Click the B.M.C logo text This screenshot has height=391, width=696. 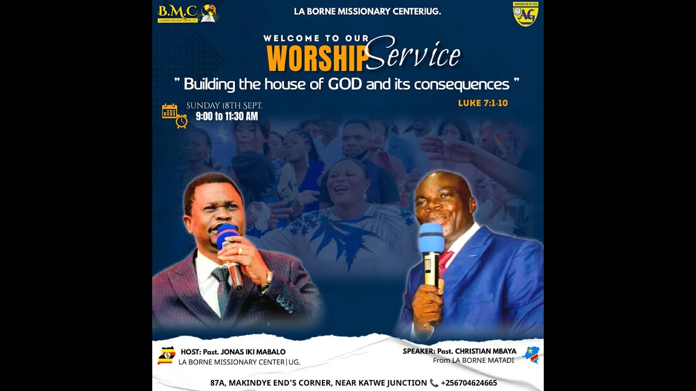pos(177,10)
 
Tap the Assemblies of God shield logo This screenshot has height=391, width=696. pos(525,15)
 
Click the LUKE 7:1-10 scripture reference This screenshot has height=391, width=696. pos(483,103)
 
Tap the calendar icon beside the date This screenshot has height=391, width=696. pos(170,111)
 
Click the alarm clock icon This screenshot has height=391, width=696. pos(182,122)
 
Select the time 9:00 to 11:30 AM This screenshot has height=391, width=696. pos(227,116)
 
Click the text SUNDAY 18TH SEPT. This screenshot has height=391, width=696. pos(224,105)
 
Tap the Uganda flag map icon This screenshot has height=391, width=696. pos(166,355)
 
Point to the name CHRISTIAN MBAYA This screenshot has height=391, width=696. pos(484,351)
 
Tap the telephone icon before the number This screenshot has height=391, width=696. pos(434,383)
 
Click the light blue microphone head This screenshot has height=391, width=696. pos(431,237)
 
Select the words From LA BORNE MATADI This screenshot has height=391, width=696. pos(473,360)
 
